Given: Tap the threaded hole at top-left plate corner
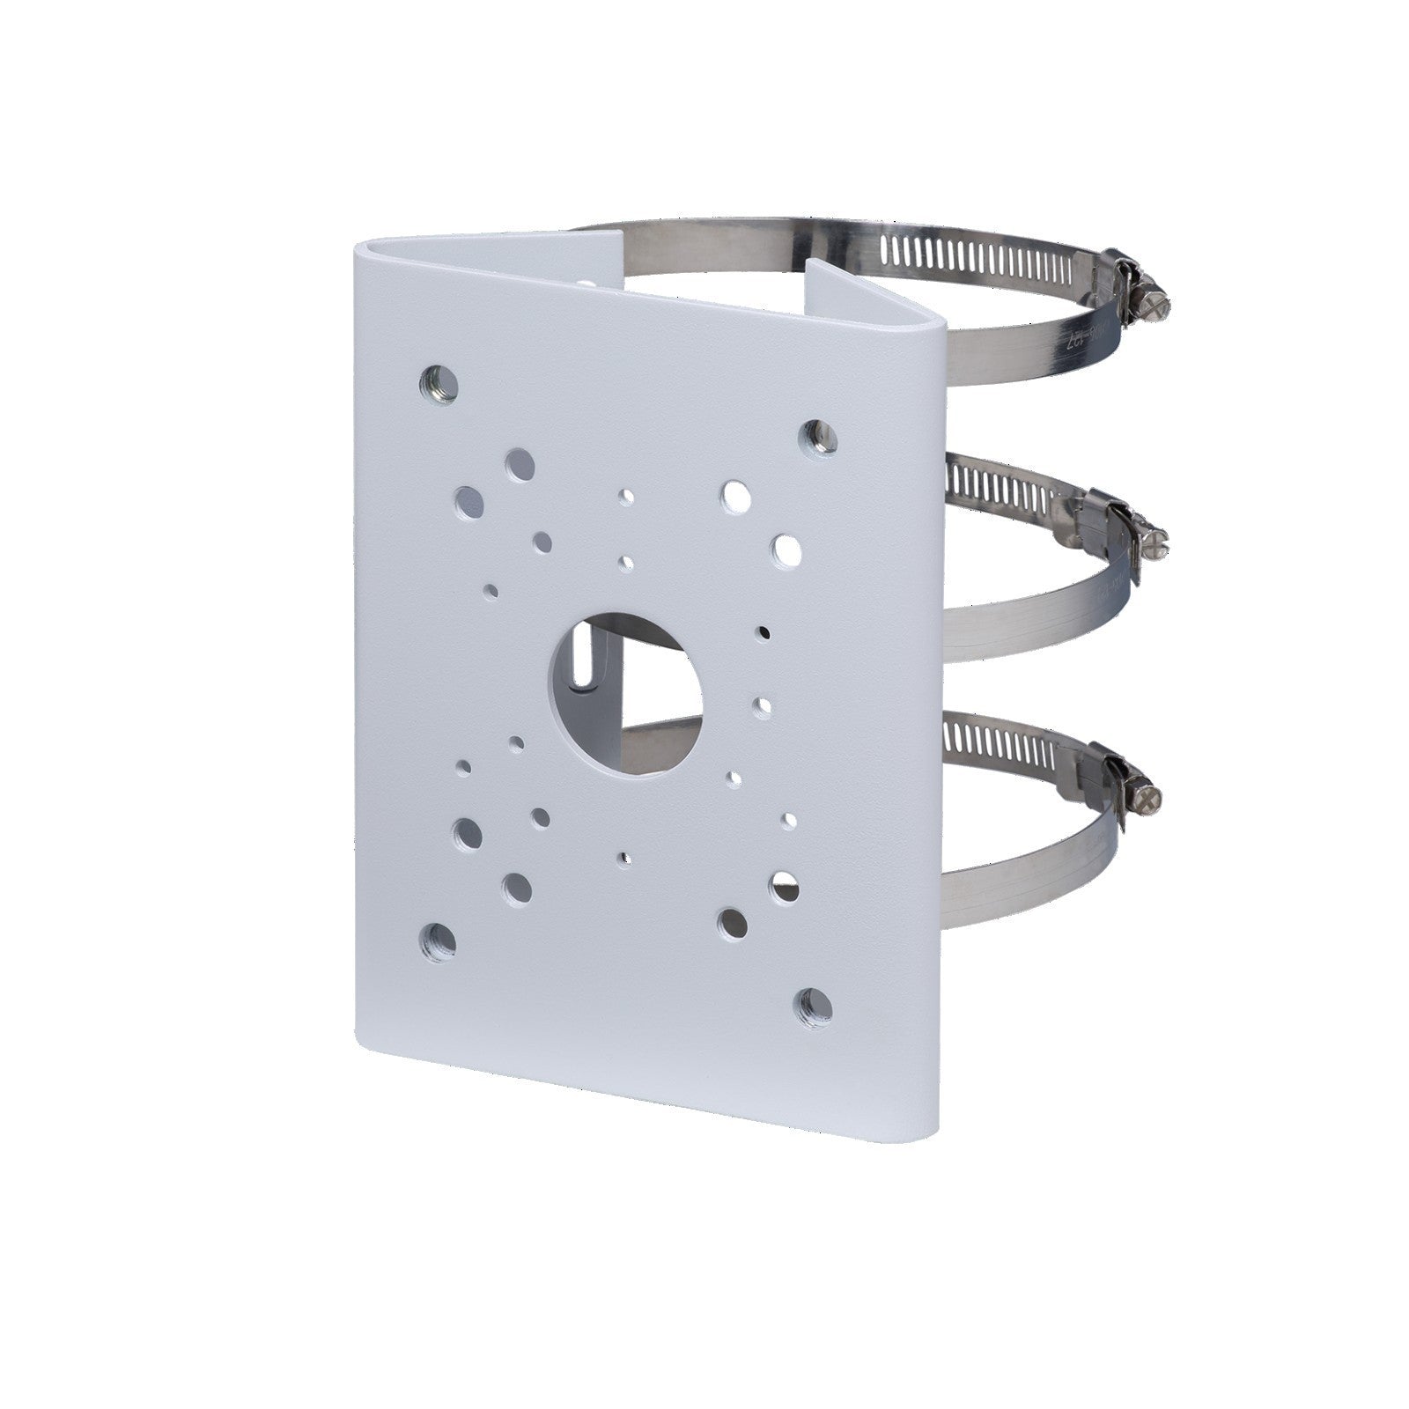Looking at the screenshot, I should [x=439, y=384].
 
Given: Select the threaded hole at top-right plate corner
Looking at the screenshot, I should [x=817, y=436].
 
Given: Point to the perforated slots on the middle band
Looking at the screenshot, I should [x=995, y=486].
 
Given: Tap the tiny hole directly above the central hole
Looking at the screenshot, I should [x=625, y=563].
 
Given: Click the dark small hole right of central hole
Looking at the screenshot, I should [x=763, y=631].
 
